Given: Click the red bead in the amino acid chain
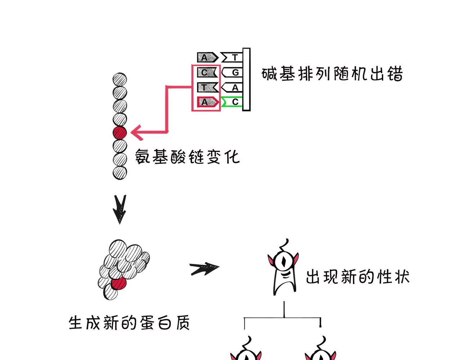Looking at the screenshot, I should pos(120,133).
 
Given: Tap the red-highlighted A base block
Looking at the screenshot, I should pos(207,102).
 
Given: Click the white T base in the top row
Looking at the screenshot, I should pos(232,57).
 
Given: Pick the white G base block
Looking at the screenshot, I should pos(232,72).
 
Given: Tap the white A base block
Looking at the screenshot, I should pos(232,87).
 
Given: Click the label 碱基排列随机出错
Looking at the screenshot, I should pos(332,74).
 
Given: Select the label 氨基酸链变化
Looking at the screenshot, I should pos(187,157).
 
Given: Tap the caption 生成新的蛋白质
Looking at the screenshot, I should pos(129,323).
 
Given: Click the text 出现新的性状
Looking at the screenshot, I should pos(357,277).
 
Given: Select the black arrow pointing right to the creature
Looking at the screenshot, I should pos(205,268).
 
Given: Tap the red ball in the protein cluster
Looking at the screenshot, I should pos(119,283).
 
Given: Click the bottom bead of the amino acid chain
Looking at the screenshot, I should pos(120,172).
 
